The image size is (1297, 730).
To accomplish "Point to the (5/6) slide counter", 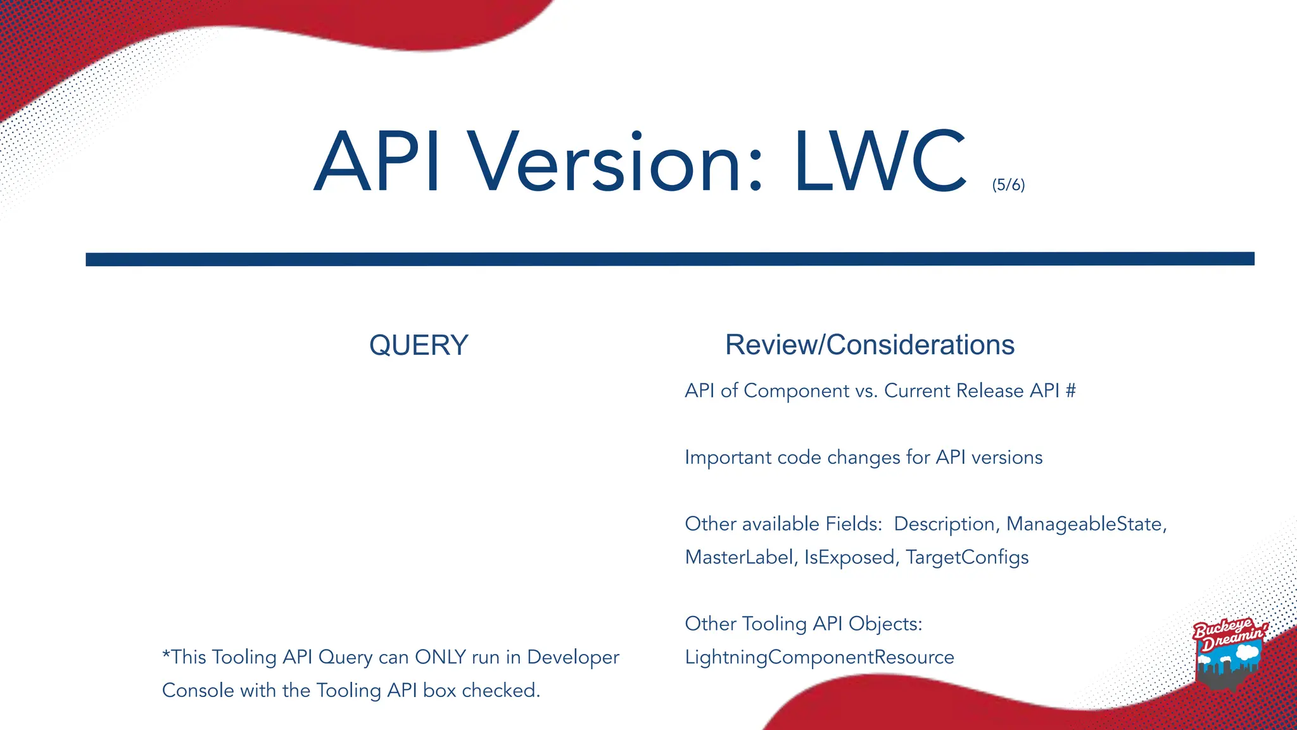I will (x=1008, y=185).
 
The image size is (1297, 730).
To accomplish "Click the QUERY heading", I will (x=419, y=345).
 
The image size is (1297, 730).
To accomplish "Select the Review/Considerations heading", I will (x=870, y=345).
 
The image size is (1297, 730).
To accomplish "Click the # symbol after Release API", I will (x=1070, y=391).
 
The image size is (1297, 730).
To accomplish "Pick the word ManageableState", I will (x=1085, y=524).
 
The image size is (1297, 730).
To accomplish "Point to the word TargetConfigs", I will (x=967, y=558).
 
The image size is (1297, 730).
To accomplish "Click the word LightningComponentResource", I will (x=819, y=657).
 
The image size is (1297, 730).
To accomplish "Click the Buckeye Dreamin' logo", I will (x=1229, y=653).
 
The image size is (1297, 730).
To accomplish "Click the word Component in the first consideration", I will (x=796, y=391).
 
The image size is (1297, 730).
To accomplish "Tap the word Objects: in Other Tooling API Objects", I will (x=885, y=624).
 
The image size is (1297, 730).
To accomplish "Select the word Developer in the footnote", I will (x=573, y=657).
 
